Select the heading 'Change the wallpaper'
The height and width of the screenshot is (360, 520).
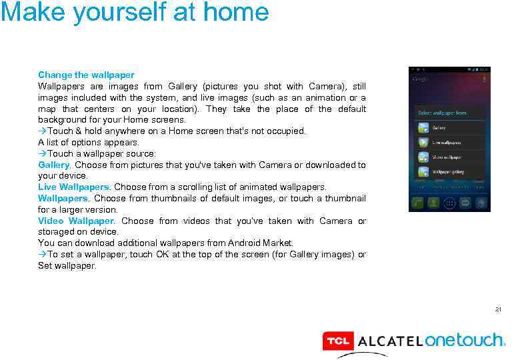tap(86, 75)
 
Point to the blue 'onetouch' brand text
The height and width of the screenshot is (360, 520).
tap(465, 341)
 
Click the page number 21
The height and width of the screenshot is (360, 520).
tap(498, 309)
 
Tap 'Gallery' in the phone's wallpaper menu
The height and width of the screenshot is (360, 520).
tap(439, 127)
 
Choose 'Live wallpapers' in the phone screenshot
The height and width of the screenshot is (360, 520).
tap(447, 142)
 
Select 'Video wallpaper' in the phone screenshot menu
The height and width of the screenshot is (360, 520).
tap(447, 157)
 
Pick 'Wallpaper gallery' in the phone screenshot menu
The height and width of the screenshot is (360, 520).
tap(449, 171)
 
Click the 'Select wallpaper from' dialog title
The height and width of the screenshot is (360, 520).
tap(442, 113)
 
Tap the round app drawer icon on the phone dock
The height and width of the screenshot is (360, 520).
tap(450, 203)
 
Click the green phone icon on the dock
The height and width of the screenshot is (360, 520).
tap(418, 203)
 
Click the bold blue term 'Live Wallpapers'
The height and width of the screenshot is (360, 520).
tap(73, 187)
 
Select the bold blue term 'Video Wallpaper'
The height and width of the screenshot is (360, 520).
tap(76, 221)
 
